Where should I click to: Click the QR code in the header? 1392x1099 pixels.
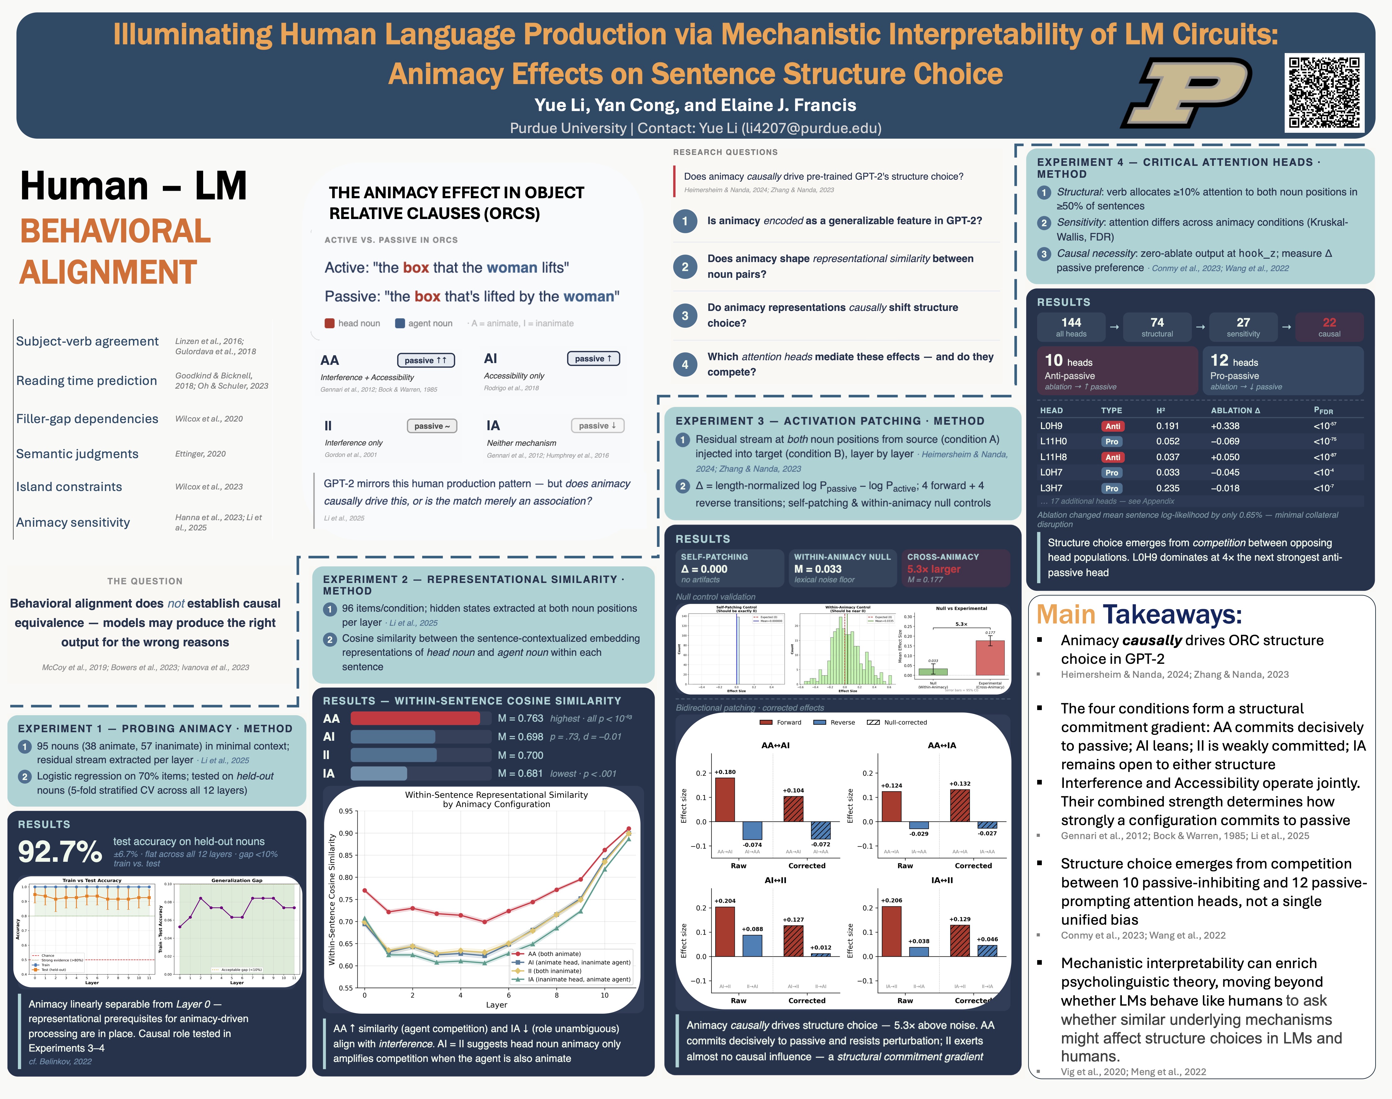1324,92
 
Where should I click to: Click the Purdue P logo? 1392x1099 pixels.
1187,92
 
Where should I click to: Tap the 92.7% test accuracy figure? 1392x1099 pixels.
60,851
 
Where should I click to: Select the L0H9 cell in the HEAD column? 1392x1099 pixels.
1051,426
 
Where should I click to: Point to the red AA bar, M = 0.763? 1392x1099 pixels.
415,718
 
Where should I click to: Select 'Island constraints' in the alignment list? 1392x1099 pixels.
69,487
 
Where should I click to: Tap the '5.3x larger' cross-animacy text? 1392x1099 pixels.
933,569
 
